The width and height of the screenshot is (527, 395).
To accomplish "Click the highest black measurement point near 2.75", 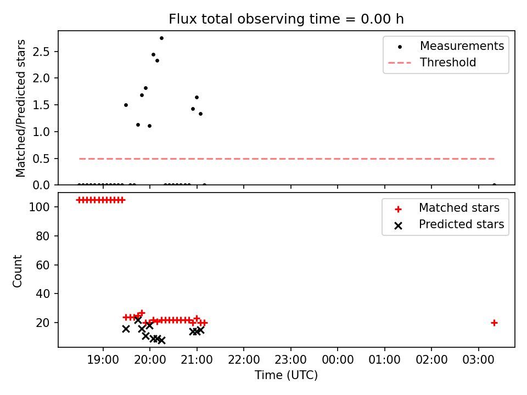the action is coord(161,38).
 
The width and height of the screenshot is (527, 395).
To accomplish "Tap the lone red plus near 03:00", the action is coord(494,323).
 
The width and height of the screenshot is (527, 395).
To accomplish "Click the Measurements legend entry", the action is coord(446,46).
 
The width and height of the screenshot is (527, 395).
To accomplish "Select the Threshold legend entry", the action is coord(432,63).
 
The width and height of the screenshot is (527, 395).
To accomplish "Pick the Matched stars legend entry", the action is coord(447,208).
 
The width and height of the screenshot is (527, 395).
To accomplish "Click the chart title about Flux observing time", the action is coord(287,19).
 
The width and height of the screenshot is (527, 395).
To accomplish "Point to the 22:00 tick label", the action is coord(244,360).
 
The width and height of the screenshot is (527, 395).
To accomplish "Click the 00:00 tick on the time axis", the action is coord(338,360).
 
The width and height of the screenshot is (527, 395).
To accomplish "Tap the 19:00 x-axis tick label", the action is coord(103,360).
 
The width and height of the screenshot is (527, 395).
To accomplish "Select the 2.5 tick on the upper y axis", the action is coord(41,52).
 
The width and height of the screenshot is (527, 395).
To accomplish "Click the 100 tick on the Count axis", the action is coord(40,207).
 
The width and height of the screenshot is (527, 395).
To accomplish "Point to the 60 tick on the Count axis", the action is coord(43,265).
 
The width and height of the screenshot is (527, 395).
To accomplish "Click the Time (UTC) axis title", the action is coord(287,375).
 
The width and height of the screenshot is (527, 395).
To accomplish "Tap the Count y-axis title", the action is coord(17,271).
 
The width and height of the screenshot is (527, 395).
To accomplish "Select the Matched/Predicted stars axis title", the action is coord(20,108).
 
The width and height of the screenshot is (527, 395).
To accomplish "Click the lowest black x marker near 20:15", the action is coord(161,341).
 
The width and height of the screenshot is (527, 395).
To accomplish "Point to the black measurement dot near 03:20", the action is coord(494,185).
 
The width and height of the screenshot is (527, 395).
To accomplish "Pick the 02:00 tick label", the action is coord(431,360).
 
